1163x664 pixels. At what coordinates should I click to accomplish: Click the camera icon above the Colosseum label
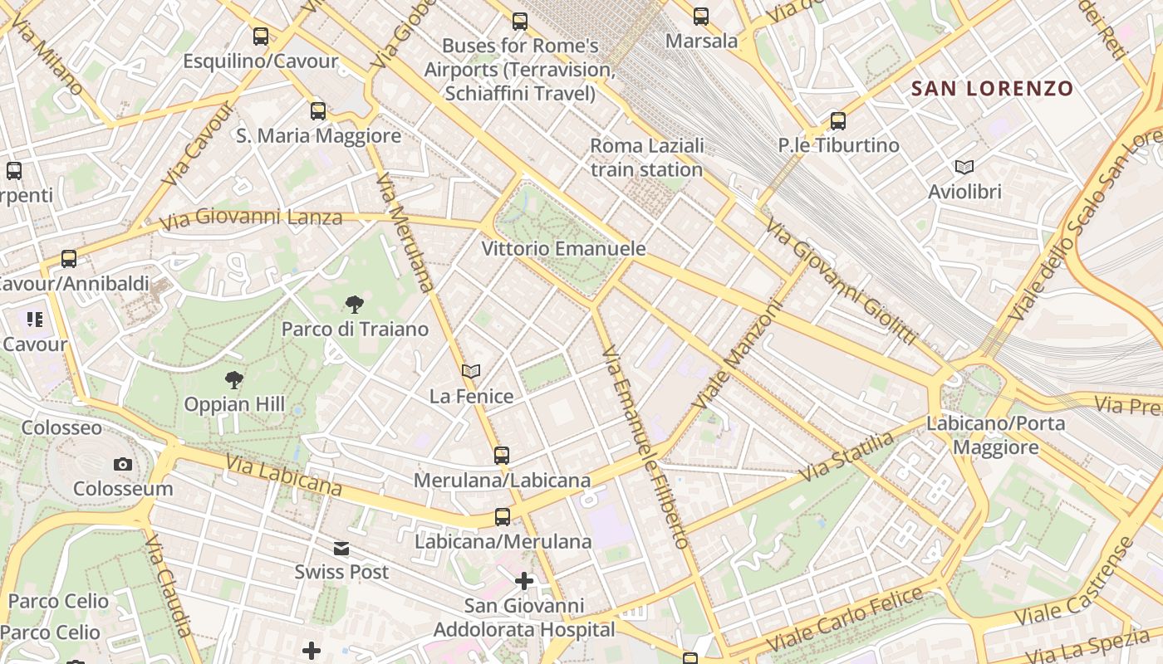pyautogui.click(x=123, y=464)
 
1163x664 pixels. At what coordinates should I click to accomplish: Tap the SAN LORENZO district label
pyautogui.click(x=992, y=88)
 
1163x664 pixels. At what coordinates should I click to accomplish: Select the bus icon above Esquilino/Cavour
pyautogui.click(x=261, y=36)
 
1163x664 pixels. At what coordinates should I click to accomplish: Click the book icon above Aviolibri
pyautogui.click(x=964, y=168)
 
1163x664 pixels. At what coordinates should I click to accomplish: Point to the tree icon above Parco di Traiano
pyautogui.click(x=355, y=305)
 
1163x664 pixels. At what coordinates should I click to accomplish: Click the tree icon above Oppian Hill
pyautogui.click(x=234, y=380)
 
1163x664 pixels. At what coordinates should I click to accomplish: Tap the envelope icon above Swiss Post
pyautogui.click(x=341, y=548)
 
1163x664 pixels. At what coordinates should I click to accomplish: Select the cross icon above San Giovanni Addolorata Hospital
pyautogui.click(x=524, y=580)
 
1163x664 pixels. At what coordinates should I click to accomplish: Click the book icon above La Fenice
pyautogui.click(x=471, y=371)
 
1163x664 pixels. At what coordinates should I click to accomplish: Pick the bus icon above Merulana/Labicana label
pyautogui.click(x=502, y=455)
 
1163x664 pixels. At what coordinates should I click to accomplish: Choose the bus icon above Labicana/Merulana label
pyautogui.click(x=502, y=516)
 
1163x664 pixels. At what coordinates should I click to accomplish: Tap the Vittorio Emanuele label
pyautogui.click(x=563, y=248)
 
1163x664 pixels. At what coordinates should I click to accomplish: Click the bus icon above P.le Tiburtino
pyautogui.click(x=838, y=121)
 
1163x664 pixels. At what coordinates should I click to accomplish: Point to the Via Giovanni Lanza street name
pyautogui.click(x=251, y=219)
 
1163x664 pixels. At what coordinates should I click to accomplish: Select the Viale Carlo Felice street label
pyautogui.click(x=844, y=619)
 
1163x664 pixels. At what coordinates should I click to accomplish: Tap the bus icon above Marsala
pyautogui.click(x=701, y=16)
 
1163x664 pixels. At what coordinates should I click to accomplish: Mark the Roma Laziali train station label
pyautogui.click(x=646, y=158)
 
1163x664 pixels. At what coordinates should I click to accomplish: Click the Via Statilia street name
pyautogui.click(x=847, y=456)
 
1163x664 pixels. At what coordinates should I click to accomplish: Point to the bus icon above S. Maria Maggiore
pyautogui.click(x=318, y=110)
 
